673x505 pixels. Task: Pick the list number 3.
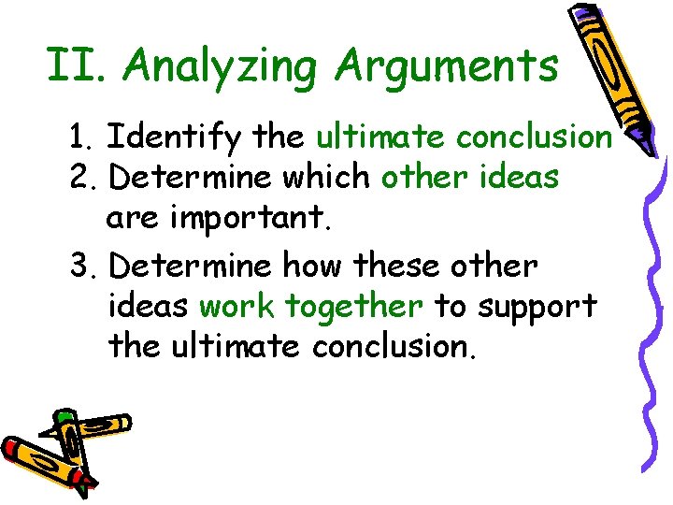point(82,267)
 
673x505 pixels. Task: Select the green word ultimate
point(379,137)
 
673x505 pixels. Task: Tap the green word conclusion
point(534,137)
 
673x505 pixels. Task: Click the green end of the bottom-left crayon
point(65,417)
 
